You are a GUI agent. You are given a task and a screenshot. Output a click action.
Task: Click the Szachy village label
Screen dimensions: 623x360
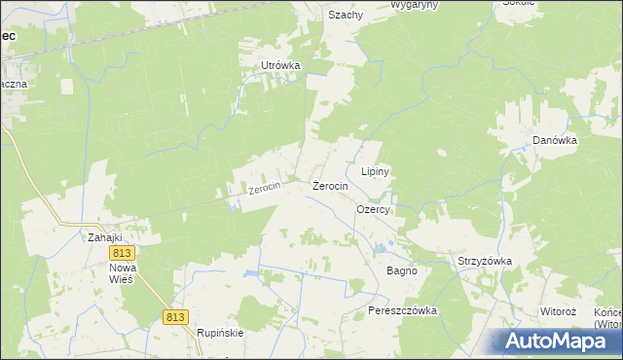(x=345, y=15)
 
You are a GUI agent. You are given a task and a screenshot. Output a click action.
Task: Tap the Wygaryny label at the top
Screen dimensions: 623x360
(x=413, y=4)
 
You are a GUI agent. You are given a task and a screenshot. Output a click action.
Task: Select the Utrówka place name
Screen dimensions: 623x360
(x=279, y=65)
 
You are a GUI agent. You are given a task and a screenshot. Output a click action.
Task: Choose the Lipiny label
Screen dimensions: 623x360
(x=376, y=171)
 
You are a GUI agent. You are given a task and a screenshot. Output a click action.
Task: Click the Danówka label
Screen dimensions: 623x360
(x=556, y=140)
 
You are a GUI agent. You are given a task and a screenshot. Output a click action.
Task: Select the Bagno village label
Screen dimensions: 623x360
(x=402, y=270)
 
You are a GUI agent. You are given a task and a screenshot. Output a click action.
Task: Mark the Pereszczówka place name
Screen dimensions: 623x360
(x=403, y=310)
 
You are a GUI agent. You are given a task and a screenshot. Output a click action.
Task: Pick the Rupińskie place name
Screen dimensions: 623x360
(x=220, y=332)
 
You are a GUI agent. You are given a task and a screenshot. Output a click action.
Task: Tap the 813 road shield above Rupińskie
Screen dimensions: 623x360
(x=175, y=317)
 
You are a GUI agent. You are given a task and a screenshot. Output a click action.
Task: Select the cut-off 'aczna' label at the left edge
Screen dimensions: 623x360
(x=14, y=84)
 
